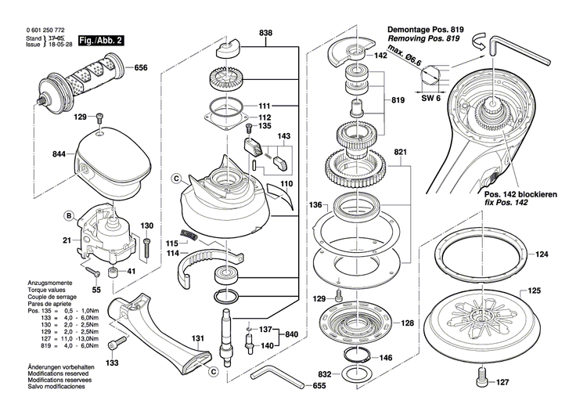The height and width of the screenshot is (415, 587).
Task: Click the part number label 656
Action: click(x=141, y=69)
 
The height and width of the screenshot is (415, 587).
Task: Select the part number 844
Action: click(x=59, y=155)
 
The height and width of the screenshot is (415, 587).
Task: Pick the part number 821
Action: click(x=401, y=151)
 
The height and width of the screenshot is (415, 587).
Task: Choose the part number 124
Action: click(x=542, y=254)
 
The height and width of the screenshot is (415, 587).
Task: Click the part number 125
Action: click(x=533, y=292)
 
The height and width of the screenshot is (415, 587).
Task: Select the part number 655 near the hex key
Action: click(x=319, y=386)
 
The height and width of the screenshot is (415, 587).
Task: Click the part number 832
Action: click(x=326, y=374)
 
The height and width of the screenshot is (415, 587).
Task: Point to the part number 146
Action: click(x=386, y=358)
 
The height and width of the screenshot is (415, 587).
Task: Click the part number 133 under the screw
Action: click(x=113, y=363)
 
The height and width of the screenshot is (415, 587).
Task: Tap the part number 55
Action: click(x=96, y=290)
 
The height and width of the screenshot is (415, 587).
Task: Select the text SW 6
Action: click(x=431, y=99)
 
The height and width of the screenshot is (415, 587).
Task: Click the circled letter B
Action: click(x=69, y=215)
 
